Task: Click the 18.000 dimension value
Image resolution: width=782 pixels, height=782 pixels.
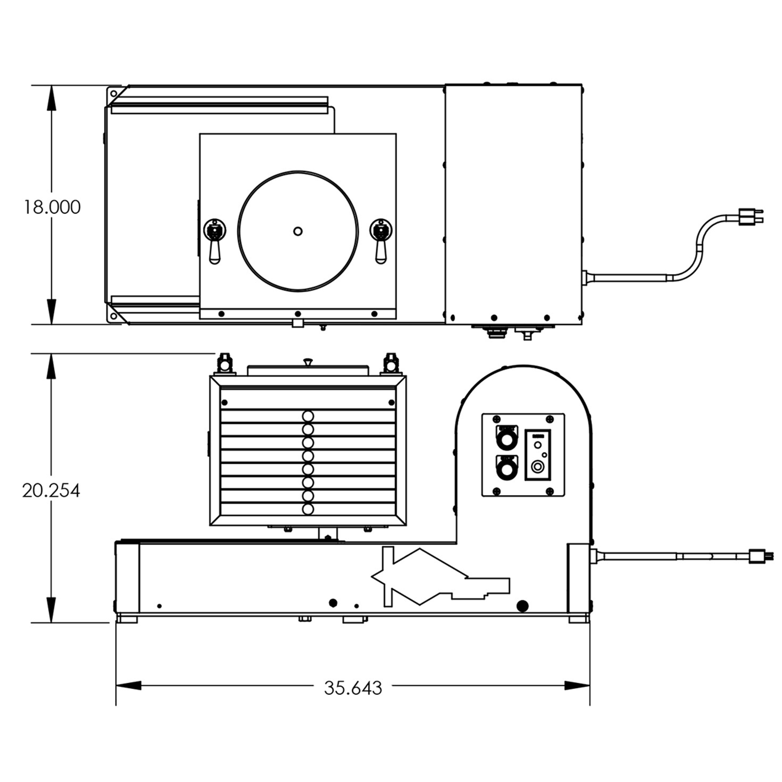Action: (52, 207)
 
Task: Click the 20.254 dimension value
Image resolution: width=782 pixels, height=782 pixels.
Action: (51, 491)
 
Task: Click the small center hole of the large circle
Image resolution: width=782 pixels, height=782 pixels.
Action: (298, 231)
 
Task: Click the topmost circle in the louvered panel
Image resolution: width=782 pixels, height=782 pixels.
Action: (308, 416)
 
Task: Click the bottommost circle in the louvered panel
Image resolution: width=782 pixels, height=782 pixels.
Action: (308, 509)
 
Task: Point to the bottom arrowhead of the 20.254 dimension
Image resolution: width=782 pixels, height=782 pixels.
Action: (51, 610)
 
